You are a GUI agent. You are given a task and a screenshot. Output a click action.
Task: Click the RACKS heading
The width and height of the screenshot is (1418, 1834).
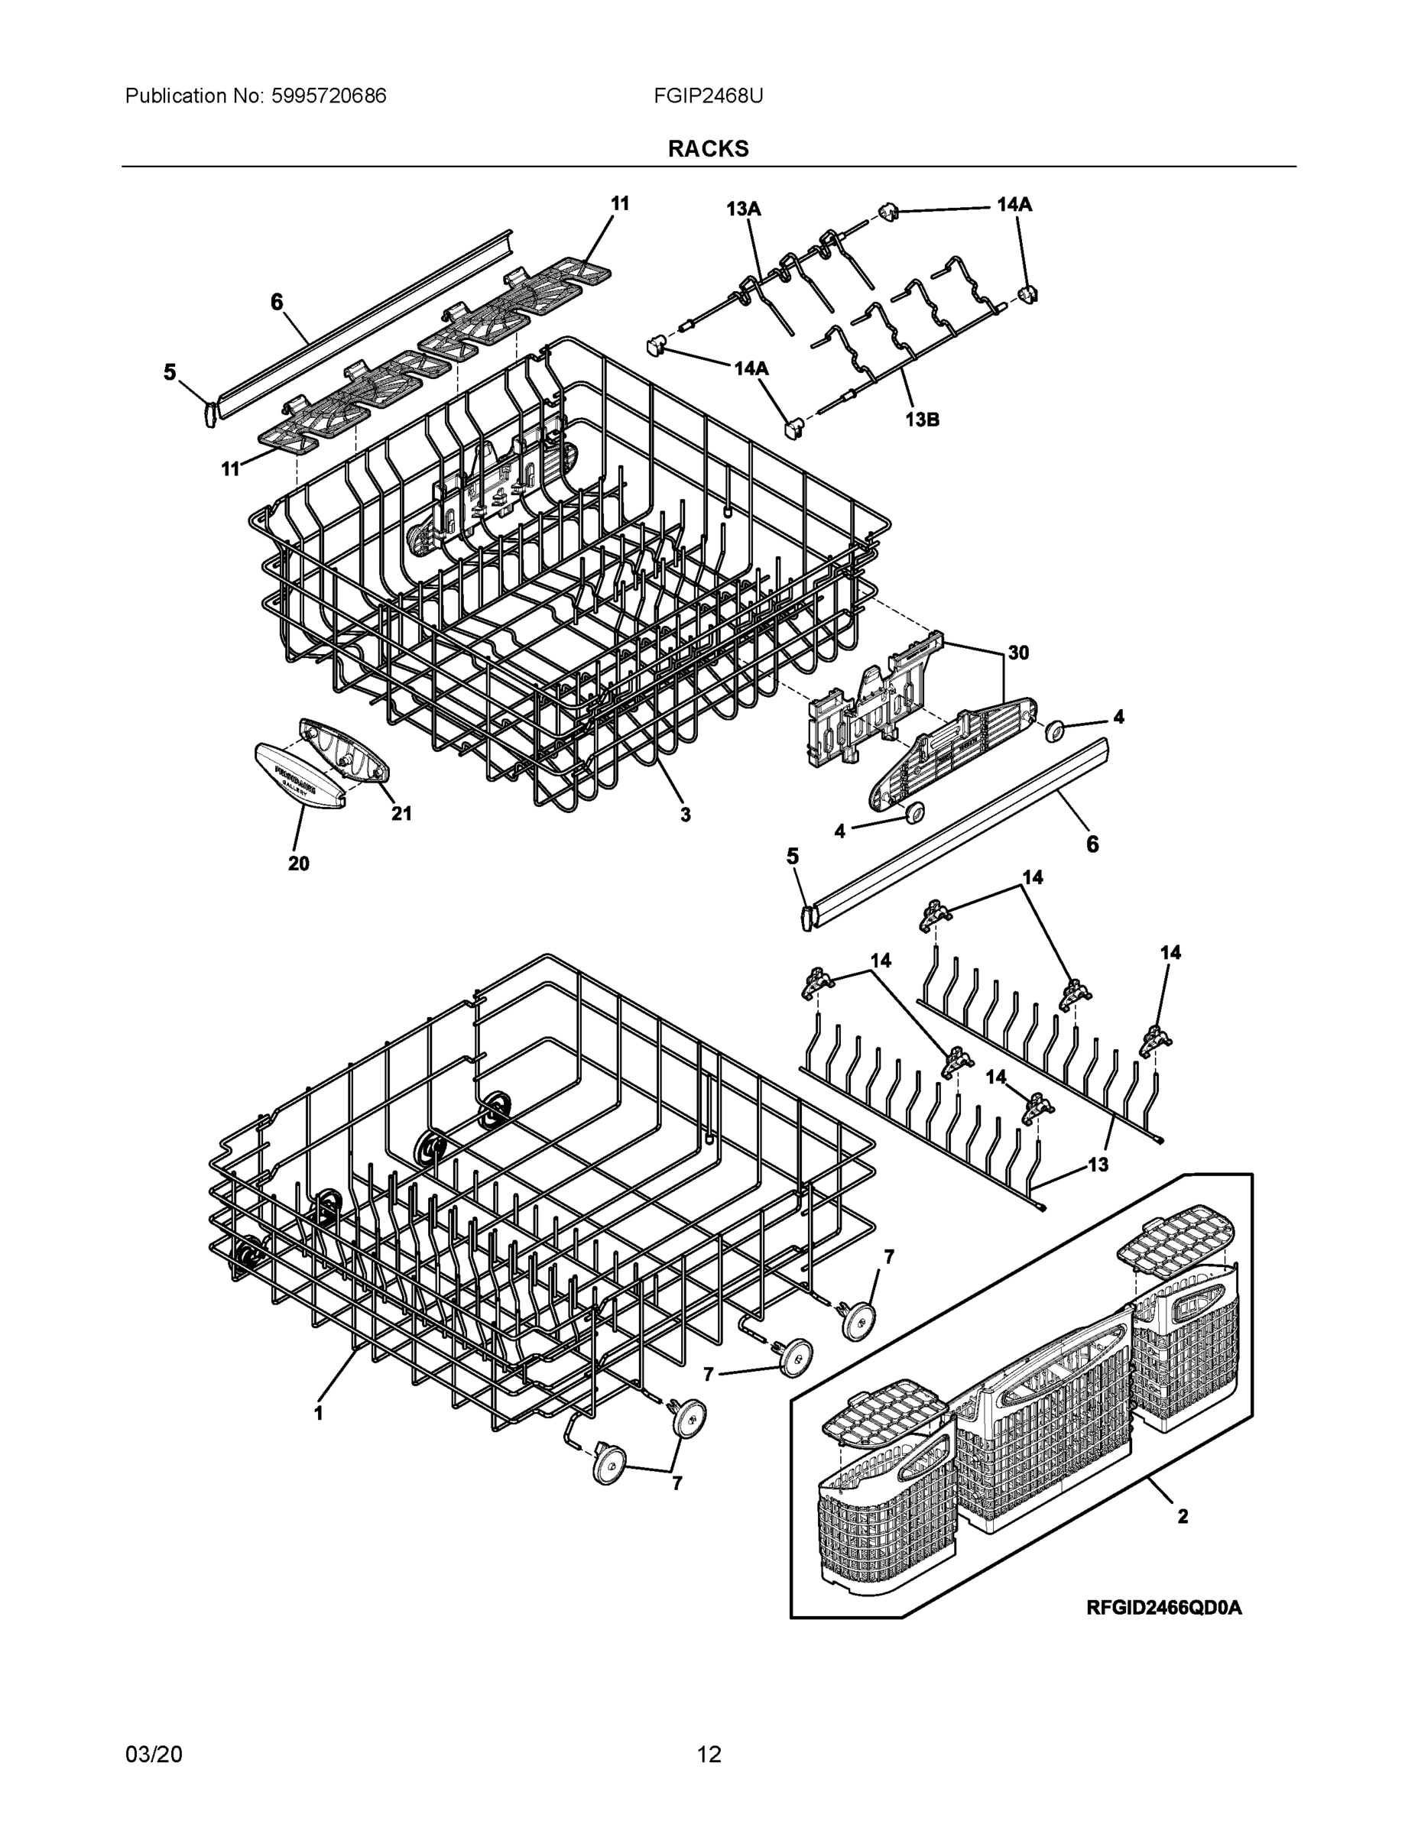point(708,149)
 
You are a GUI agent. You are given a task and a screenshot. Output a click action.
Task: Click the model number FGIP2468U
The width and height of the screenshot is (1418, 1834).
point(708,96)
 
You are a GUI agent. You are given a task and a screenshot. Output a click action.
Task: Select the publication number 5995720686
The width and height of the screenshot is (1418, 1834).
point(329,96)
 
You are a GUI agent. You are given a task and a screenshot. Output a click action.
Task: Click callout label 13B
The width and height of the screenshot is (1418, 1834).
point(922,419)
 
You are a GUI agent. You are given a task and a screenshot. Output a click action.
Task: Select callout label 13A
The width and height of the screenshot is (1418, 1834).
point(744,209)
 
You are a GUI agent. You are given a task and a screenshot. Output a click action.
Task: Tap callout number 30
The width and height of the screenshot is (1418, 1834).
point(1018,653)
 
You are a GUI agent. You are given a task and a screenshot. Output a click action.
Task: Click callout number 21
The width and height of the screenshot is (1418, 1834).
point(401,813)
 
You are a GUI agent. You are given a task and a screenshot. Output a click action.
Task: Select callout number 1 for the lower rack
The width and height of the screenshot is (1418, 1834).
point(318,1413)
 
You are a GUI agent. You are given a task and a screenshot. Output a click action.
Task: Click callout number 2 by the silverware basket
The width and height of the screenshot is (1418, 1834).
point(1182,1516)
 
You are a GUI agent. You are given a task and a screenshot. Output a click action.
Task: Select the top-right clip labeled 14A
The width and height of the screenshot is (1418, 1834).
point(889,212)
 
